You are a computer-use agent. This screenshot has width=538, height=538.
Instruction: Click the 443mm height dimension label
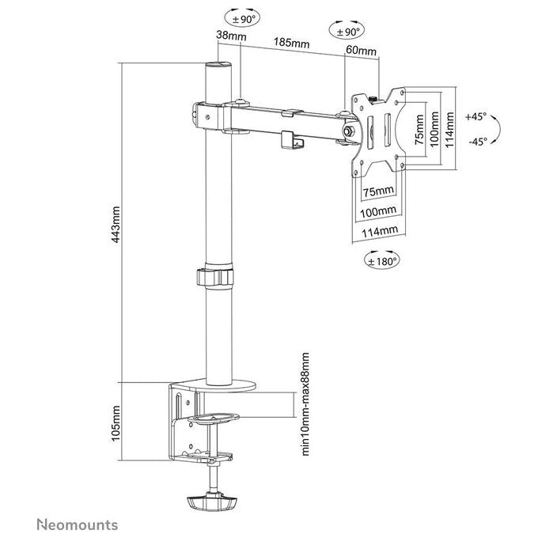click(x=116, y=225)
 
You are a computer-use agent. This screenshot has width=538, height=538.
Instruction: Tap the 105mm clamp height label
click(x=116, y=423)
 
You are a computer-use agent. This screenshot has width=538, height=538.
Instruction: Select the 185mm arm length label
click(x=291, y=43)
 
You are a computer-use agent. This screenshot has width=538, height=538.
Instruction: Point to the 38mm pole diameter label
click(x=231, y=35)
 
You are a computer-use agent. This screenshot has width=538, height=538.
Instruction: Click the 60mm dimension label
click(x=361, y=51)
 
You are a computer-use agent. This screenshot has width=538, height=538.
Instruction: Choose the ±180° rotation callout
click(x=381, y=261)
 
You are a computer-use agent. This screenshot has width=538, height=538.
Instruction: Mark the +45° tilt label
click(x=476, y=116)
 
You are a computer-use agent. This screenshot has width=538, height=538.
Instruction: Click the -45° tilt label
click(x=478, y=141)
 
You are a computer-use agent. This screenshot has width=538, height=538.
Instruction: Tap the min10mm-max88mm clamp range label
click(x=305, y=404)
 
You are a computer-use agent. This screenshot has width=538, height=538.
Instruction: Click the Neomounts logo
click(x=78, y=525)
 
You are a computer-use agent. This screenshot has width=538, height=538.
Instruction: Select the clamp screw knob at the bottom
click(x=212, y=502)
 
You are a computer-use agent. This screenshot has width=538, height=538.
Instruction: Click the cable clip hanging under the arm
click(x=292, y=141)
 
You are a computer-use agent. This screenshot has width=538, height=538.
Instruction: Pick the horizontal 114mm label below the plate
click(x=380, y=231)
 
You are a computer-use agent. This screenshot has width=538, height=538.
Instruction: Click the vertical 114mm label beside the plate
click(x=449, y=129)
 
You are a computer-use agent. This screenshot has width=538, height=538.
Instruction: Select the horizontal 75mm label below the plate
click(x=378, y=191)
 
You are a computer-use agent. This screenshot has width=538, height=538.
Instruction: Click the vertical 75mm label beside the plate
click(x=419, y=129)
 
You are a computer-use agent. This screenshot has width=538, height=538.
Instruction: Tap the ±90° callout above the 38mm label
click(x=242, y=19)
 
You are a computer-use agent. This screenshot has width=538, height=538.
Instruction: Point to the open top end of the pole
click(x=218, y=65)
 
